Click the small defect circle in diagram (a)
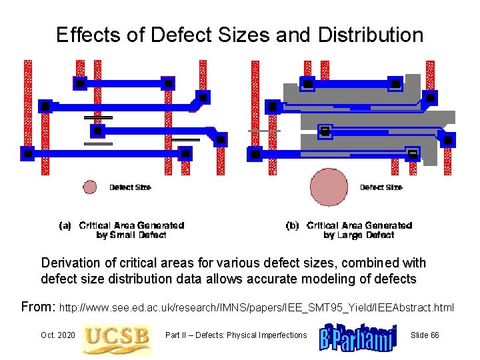coord(89,187)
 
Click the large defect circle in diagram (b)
coord(329,187)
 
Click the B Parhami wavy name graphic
coord(357,336)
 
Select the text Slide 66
coord(425,335)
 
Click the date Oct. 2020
coord(57,335)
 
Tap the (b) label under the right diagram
coord(292,226)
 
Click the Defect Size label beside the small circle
coord(130,188)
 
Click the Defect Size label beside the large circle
coord(381,188)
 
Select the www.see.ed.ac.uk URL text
coord(257,308)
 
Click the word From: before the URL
coord(39,307)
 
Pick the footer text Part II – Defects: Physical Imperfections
coord(235,335)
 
